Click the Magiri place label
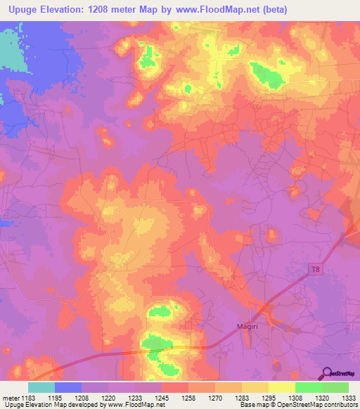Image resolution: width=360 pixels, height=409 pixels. (248, 325)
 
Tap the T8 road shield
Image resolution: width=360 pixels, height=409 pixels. (314, 268)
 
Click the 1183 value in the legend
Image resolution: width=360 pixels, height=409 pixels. (27, 397)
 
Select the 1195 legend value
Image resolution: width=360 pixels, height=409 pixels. (54, 397)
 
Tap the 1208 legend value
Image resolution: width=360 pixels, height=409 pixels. (82, 397)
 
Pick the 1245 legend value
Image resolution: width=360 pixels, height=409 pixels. (162, 397)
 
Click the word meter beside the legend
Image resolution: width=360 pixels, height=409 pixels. (9, 397)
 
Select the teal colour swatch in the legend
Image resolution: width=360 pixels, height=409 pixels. (41, 387)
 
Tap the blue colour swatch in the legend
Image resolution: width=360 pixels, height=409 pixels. (67, 387)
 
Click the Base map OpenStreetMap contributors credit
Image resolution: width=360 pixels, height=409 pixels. (298, 405)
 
